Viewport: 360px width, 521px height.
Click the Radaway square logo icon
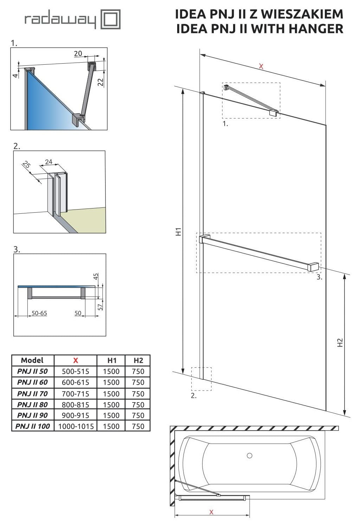[111, 19]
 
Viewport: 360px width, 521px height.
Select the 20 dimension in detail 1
[78, 53]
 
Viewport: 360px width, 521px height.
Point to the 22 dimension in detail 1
[101, 82]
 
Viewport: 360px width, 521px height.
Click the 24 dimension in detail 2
[49, 162]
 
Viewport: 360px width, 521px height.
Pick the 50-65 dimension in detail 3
[39, 313]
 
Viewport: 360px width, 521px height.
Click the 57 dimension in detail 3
[101, 307]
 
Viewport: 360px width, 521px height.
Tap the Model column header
[32, 360]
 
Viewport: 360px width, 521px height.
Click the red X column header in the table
[76, 360]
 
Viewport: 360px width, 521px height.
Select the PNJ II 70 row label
[32, 393]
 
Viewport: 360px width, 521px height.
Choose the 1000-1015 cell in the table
[76, 426]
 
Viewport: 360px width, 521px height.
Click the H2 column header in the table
[138, 360]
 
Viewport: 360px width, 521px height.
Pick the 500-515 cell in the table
[76, 371]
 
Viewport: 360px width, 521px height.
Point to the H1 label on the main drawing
[179, 232]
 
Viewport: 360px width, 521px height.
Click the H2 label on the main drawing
[340, 343]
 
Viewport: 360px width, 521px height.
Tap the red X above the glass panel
[261, 66]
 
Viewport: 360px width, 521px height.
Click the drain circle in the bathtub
[250, 456]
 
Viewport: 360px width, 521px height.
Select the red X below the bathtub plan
[211, 512]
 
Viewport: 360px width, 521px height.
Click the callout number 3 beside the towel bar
[319, 277]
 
